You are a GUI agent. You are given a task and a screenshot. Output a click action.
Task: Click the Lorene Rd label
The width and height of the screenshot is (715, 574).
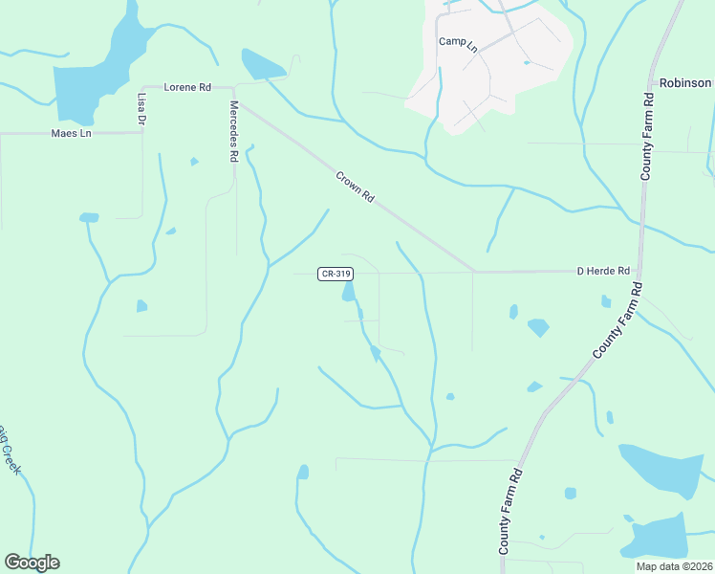point(187,87)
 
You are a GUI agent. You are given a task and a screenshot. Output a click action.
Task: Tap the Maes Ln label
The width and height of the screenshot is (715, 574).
point(70,133)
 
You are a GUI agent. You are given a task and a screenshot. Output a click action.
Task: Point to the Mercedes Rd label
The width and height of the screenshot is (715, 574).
point(233,131)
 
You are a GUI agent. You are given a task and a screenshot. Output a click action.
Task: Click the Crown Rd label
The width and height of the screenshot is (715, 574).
point(355,186)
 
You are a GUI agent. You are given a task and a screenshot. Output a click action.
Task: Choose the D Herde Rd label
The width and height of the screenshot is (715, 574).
point(603,271)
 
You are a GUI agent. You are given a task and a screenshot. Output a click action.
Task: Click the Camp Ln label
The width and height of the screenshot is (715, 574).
point(457,41)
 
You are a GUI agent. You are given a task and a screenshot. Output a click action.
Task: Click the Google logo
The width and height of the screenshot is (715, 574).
point(32,563)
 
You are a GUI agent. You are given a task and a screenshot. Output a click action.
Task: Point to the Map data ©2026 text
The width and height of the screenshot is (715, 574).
point(674,566)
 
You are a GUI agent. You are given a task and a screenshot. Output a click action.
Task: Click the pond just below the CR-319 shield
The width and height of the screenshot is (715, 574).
point(349,290)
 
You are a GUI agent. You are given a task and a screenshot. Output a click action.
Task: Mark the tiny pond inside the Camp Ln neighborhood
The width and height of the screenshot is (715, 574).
point(527,62)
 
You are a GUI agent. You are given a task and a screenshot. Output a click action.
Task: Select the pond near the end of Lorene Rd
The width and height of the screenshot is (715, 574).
point(259,65)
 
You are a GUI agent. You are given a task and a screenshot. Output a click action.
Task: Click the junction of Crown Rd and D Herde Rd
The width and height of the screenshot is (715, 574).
point(473,271)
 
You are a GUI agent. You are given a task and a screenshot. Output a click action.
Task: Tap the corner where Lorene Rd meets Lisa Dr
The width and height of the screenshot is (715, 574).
point(142,87)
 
